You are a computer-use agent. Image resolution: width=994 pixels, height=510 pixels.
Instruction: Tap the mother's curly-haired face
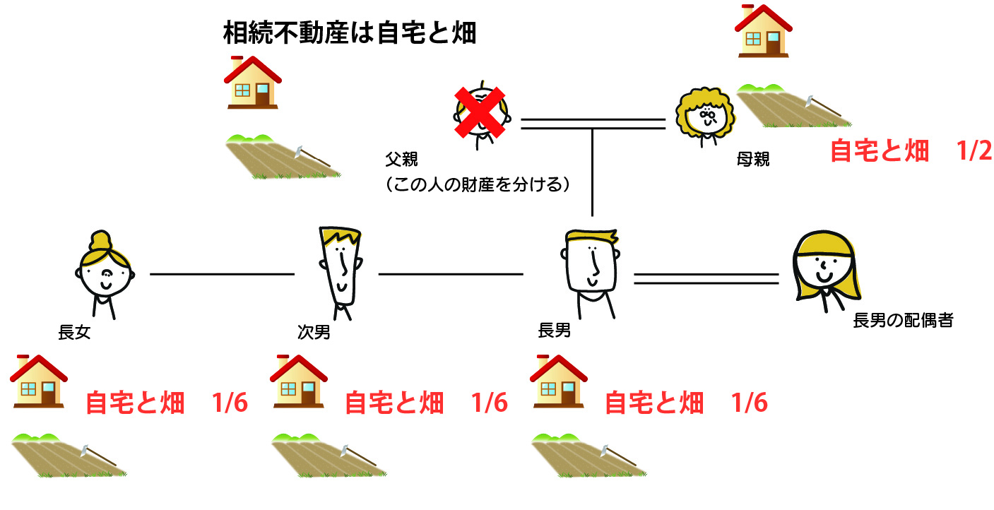702,115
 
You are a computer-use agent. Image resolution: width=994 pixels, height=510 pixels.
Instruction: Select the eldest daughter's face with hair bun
105,272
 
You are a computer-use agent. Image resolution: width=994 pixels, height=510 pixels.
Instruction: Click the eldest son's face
591,265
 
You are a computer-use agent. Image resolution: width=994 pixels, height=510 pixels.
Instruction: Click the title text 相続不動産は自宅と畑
349,33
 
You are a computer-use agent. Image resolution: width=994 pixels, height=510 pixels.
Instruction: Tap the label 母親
753,160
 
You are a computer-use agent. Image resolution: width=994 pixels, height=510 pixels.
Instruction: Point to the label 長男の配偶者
904,321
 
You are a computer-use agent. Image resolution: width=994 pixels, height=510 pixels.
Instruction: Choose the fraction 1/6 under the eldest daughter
230,403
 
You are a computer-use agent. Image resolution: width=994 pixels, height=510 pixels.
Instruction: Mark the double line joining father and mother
593,124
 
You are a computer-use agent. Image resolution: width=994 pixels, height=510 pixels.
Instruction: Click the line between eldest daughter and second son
222,273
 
